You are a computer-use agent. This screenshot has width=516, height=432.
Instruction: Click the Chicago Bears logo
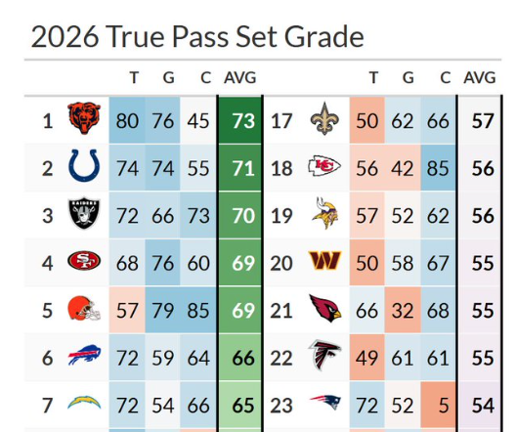tap(84, 118)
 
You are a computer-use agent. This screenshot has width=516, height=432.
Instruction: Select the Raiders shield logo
tap(84, 213)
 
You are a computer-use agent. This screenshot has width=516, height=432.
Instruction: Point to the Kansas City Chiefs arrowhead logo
tap(324, 165)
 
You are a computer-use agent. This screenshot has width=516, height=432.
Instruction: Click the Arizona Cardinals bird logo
tap(325, 308)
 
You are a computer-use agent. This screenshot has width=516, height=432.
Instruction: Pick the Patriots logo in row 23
tap(325, 403)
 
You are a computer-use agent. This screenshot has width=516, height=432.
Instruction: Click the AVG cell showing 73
tap(243, 121)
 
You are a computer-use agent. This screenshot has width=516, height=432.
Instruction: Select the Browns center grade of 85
tap(198, 310)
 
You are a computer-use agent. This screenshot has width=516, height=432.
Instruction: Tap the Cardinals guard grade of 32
tap(403, 310)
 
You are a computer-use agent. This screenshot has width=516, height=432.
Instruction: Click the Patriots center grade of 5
tap(444, 405)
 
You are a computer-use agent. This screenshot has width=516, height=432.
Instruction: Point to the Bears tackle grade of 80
tap(127, 121)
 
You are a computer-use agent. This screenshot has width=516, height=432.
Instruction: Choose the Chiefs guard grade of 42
tap(403, 168)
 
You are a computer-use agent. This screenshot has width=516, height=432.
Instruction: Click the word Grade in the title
tap(323, 37)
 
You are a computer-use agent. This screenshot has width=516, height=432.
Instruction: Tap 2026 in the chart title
tap(64, 37)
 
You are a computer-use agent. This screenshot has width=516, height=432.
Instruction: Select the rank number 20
tap(281, 263)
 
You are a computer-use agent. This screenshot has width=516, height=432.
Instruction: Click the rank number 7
tap(47, 406)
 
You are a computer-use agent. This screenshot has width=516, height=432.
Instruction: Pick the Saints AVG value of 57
tap(483, 121)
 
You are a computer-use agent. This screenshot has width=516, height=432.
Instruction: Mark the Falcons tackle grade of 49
tap(366, 358)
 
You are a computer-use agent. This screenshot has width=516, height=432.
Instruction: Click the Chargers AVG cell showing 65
tap(243, 405)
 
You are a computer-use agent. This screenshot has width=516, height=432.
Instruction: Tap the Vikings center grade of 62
tap(438, 216)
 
